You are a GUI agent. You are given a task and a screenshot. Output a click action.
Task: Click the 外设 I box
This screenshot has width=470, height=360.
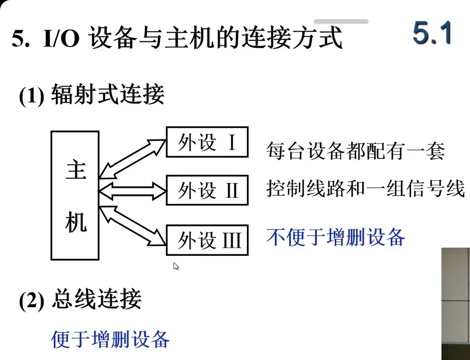tap(207, 142)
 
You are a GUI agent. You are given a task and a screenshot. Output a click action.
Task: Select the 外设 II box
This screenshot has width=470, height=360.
tap(207, 190)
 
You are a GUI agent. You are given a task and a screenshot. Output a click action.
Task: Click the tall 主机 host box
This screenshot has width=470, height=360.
tap(75, 195)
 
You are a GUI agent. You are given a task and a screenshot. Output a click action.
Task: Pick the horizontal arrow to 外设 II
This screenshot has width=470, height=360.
tap(133, 189)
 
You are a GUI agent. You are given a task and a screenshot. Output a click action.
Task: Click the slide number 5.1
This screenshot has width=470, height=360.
tap(432, 33)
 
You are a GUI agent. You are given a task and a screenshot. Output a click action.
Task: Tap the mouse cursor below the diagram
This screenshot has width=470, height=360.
tap(176, 266)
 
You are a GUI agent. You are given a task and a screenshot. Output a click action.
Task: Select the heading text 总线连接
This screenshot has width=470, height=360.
tap(97, 300)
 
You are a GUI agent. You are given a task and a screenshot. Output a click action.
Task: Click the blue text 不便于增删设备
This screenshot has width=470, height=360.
tap(335, 236)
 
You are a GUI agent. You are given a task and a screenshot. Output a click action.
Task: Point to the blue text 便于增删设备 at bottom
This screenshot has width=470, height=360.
tap(111, 339)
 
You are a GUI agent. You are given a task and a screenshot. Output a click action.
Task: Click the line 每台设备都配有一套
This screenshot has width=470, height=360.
tap(355, 151)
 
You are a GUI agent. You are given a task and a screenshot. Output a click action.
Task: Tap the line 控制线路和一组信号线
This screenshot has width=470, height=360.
tap(365, 188)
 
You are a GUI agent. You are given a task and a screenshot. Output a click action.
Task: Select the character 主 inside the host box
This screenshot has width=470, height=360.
tap(75, 171)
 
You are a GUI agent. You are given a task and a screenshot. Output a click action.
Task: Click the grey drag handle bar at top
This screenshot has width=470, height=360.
tap(341, 21)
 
